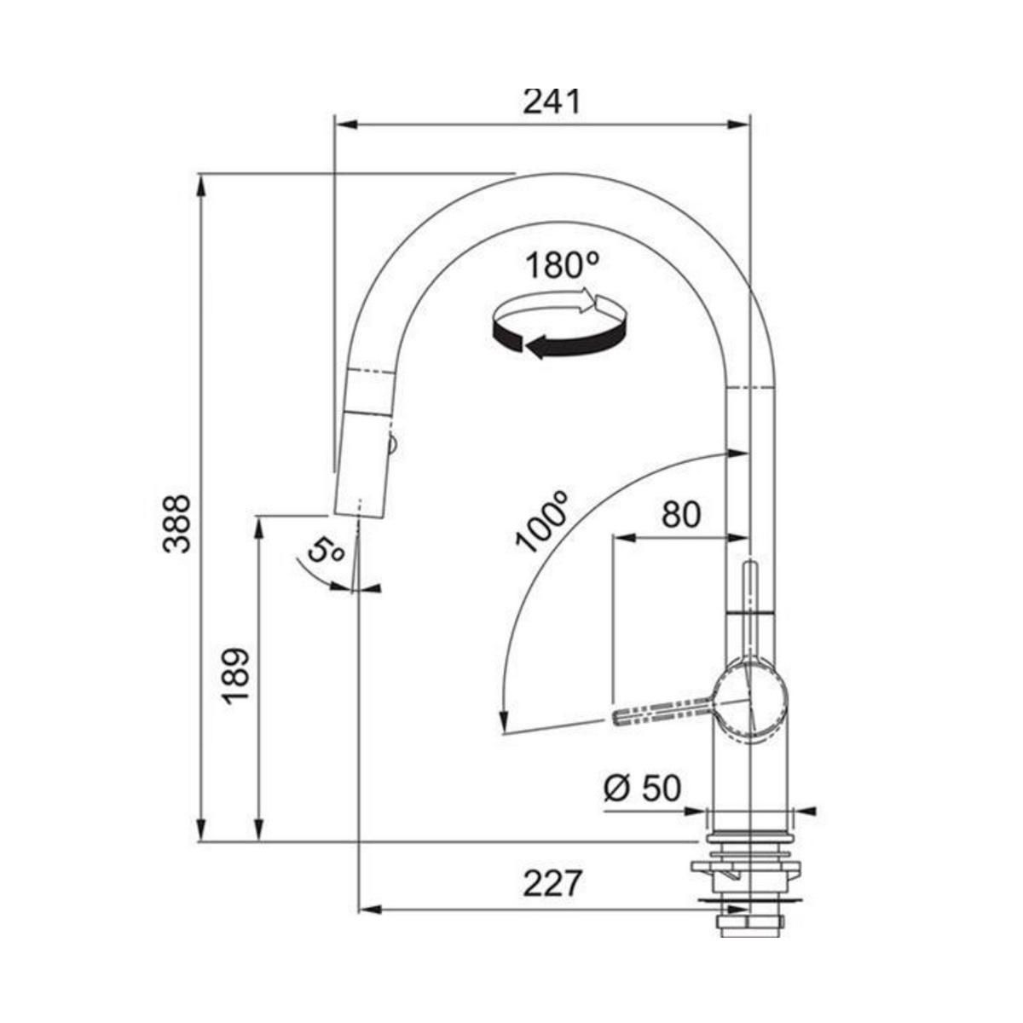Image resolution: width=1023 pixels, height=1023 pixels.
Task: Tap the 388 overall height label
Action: click(176, 524)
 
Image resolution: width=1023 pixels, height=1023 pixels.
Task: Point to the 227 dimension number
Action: click(552, 881)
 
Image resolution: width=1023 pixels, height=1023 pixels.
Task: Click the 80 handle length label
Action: click(681, 514)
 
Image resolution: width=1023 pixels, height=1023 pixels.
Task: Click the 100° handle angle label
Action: click(542, 522)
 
